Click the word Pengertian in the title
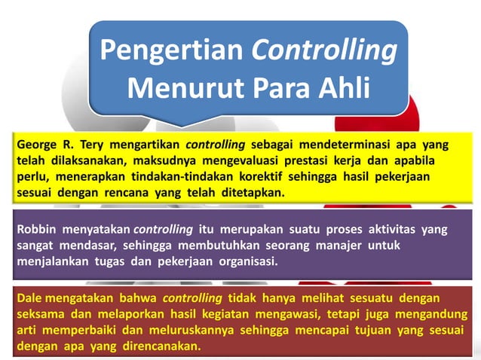pos(172,51)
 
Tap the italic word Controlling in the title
pos(324,51)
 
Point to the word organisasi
pos(244,261)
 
